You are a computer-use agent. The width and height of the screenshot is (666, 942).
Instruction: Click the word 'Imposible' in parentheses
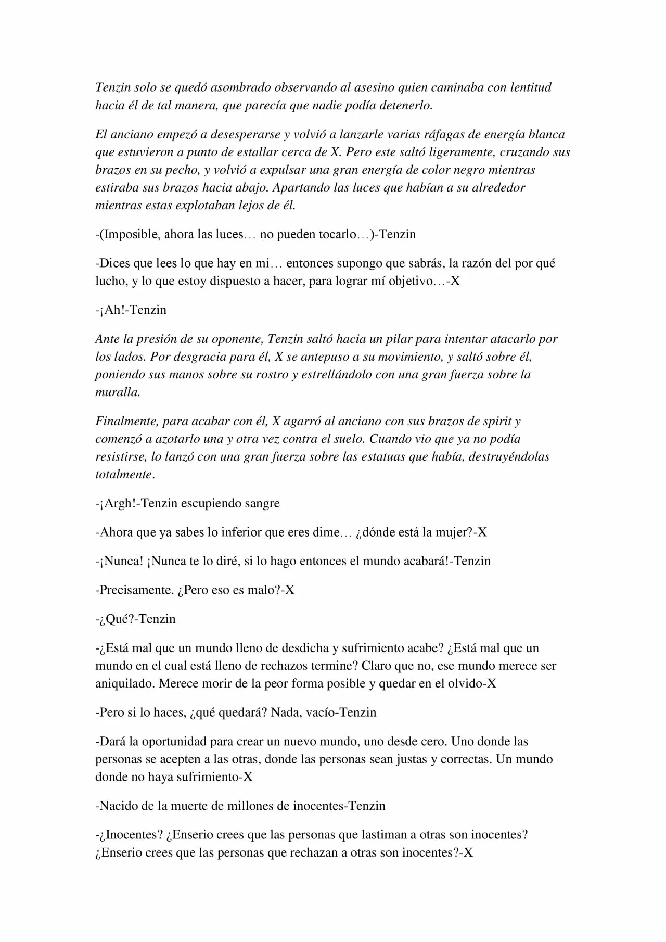coord(130,234)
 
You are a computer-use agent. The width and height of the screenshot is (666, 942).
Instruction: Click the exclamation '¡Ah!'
coord(112,310)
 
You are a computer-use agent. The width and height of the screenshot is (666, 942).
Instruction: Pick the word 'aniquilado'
coord(124,683)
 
